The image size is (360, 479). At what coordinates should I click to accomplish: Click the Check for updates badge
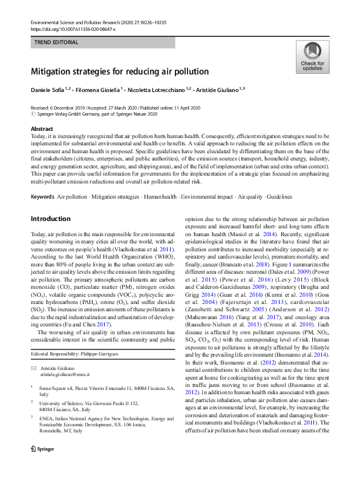tap(312, 58)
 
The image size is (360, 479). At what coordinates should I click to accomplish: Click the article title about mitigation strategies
tap(120, 71)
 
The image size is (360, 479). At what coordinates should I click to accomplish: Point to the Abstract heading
tap(42, 129)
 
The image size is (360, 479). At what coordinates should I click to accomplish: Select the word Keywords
tap(42, 197)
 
